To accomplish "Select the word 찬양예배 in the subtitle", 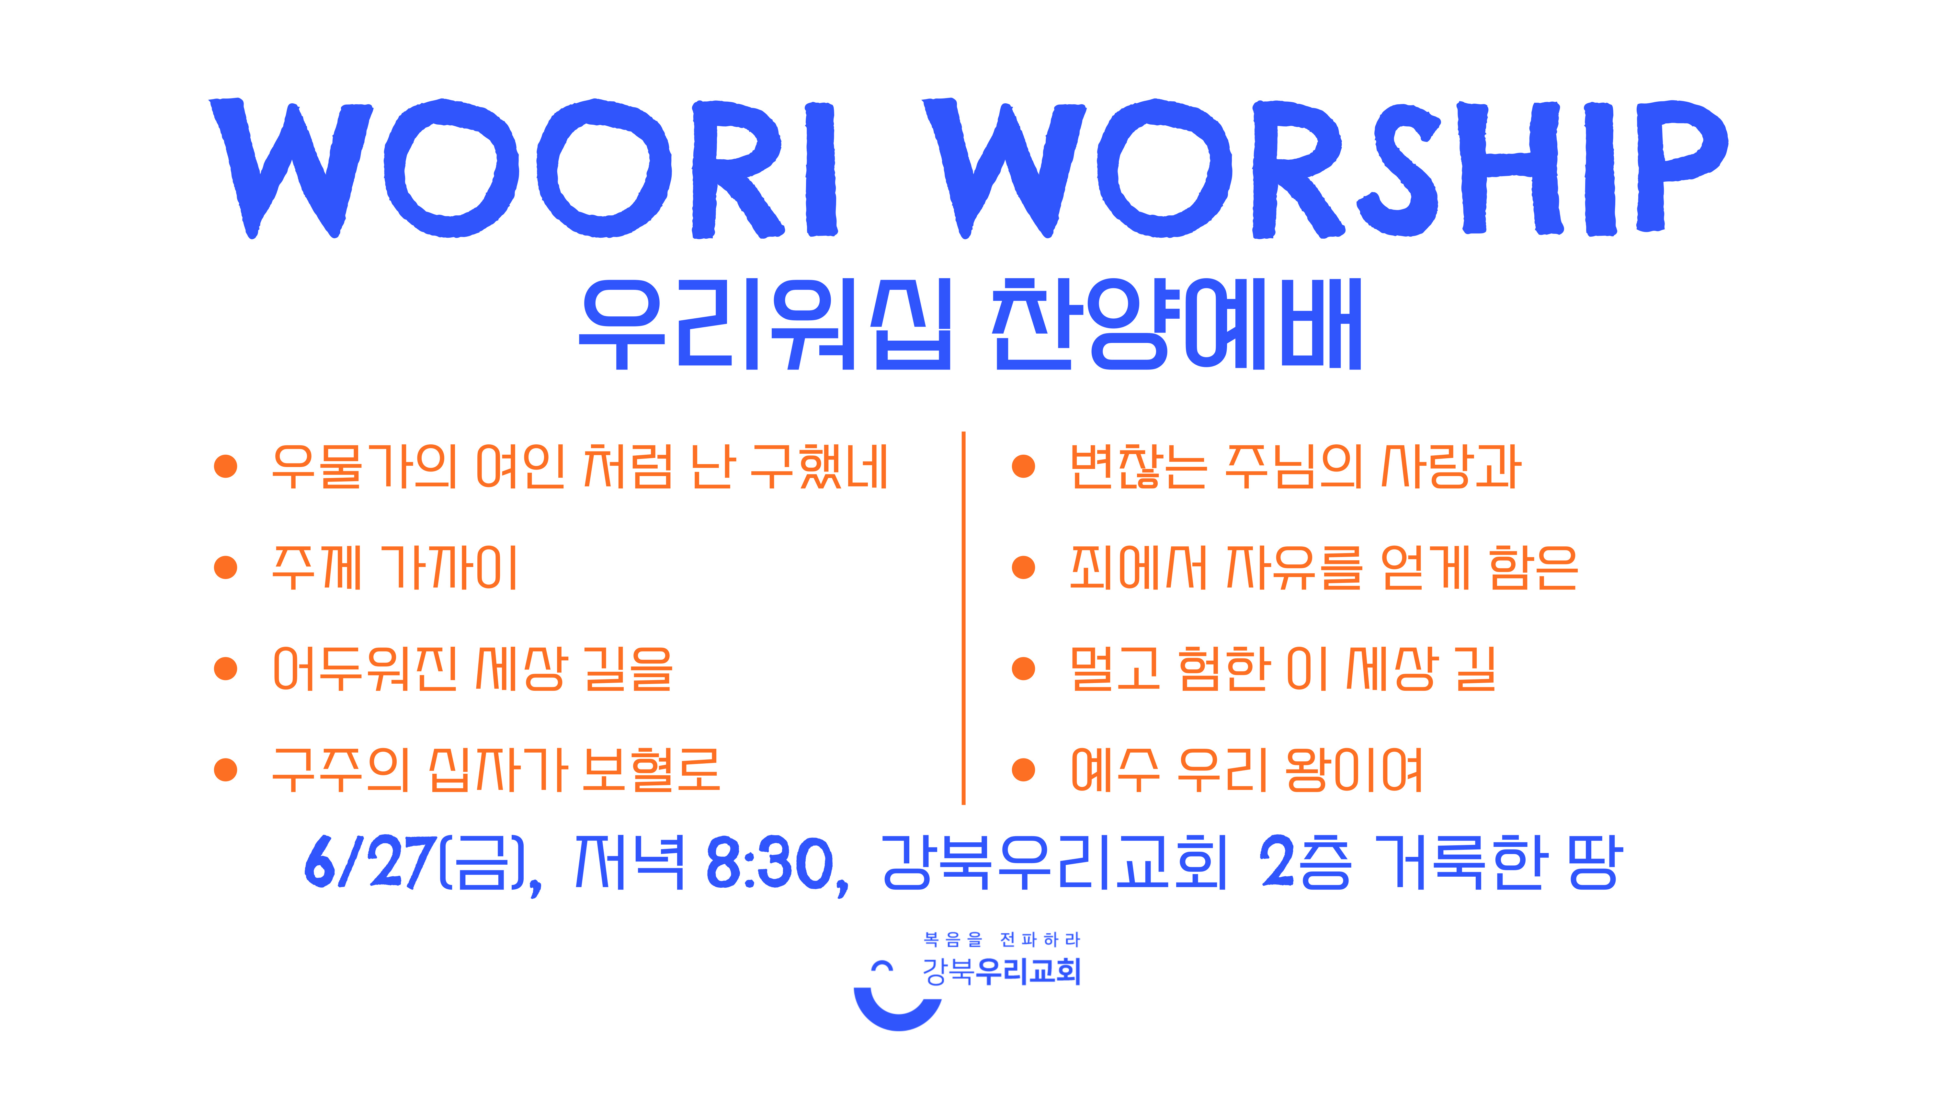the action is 1177,324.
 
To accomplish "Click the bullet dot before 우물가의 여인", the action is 225,466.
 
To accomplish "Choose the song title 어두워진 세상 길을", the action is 472,668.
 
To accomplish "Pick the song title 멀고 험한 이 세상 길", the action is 1282,668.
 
